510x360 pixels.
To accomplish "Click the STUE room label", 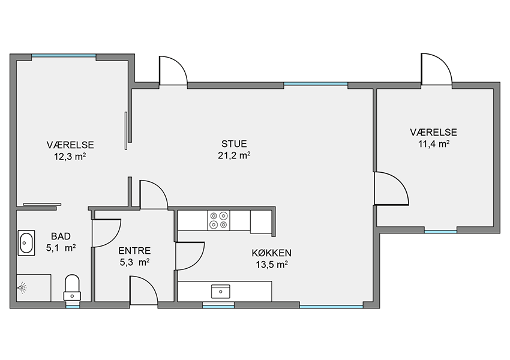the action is tap(234, 144).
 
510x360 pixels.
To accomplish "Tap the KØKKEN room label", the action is tap(271, 253).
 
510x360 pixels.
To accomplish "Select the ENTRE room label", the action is tap(134, 251).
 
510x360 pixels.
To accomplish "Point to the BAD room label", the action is tap(61, 236).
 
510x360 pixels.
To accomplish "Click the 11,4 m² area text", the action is tap(434, 144).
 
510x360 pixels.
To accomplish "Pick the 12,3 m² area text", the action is tap(70, 157).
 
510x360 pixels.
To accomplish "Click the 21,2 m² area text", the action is tap(234, 155).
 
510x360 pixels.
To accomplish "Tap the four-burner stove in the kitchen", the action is tap(218, 220).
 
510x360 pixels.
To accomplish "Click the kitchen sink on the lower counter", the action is tap(221, 292).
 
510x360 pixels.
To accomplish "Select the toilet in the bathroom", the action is tap(72, 288).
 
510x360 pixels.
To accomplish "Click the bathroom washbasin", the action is tap(26, 242).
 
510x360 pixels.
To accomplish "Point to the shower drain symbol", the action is tap(22, 287).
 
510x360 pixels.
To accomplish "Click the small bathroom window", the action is tap(73, 306).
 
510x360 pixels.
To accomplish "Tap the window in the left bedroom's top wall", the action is tap(64, 56).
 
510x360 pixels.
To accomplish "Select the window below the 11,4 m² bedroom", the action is tap(440, 232).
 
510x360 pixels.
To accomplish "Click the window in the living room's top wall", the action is tap(316, 84).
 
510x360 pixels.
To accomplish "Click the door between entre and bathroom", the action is tap(106, 233).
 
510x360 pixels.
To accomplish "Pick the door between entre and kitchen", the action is tap(190, 256).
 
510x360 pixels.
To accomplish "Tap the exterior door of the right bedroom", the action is tap(436, 69).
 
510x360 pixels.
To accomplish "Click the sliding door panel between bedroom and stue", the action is tap(126, 131).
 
